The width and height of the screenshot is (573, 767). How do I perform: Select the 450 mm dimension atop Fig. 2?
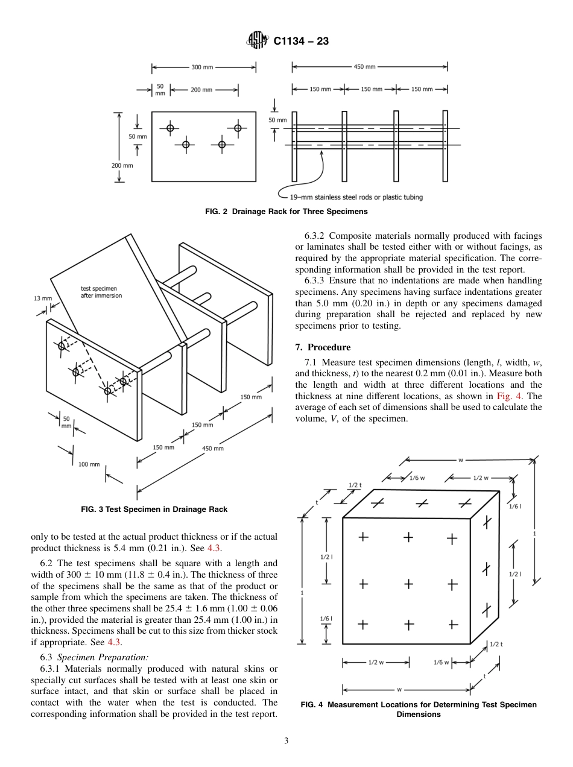366,67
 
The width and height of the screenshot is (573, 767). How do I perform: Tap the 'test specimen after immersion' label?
101,292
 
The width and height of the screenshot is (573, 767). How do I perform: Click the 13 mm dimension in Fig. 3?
43,298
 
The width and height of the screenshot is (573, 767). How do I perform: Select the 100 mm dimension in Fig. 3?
89,464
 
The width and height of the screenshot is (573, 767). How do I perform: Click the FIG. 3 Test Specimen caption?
154,510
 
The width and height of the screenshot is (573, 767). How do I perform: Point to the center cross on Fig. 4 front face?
408,584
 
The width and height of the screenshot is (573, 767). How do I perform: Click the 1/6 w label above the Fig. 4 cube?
416,478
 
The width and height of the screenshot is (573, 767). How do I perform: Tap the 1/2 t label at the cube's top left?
355,485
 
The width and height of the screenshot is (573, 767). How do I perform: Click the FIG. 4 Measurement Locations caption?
418,709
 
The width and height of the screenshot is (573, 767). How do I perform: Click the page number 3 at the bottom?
286,741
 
